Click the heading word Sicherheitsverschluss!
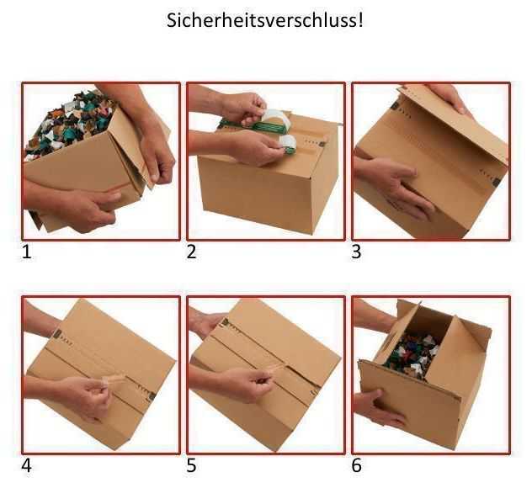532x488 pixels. (266, 19)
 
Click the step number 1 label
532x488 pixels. (27, 252)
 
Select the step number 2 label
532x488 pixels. (192, 252)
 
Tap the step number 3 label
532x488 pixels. (356, 252)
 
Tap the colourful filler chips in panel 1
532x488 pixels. (63, 126)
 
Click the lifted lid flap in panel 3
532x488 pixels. (446, 126)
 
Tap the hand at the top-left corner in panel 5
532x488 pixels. (206, 321)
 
